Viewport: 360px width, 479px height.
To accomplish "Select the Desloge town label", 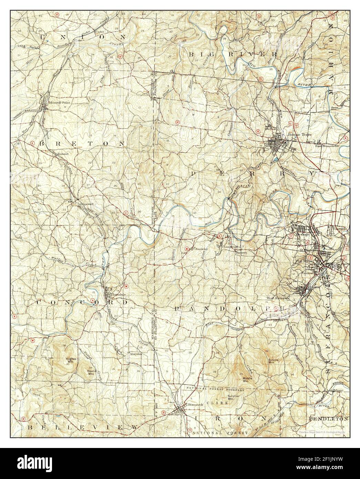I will (301, 234).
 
